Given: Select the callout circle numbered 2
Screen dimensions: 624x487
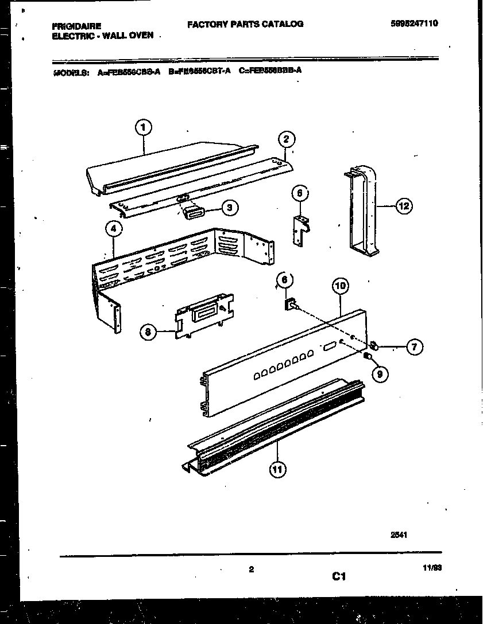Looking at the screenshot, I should [286, 139].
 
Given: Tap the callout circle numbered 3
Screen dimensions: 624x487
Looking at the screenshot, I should [229, 208].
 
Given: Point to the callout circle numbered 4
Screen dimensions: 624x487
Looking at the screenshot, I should [114, 229].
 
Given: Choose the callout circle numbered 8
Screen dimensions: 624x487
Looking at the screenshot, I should [148, 331].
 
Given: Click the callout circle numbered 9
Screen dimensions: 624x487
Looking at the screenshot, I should [380, 375].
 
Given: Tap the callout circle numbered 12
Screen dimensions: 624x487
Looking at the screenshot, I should [404, 206].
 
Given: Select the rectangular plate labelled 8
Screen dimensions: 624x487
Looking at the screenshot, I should [206, 316].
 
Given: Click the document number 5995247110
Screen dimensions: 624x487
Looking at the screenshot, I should [418, 24].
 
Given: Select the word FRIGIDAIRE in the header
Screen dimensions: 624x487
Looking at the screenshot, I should [77, 26].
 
